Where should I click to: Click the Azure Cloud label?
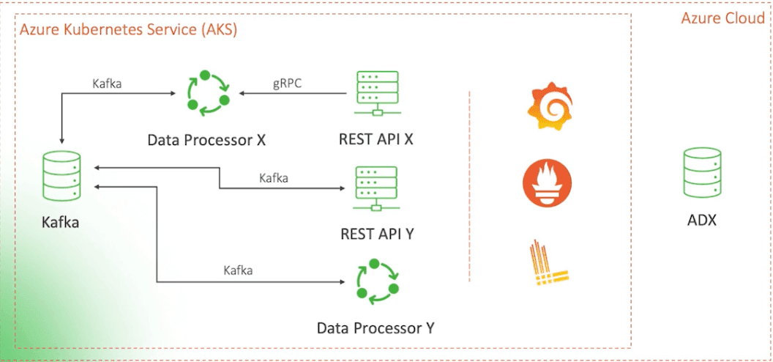click(x=722, y=18)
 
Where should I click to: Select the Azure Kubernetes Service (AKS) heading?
click(x=128, y=31)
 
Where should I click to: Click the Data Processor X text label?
click(x=206, y=139)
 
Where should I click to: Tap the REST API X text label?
click(x=376, y=139)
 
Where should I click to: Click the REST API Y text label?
click(x=376, y=234)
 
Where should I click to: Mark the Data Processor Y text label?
click(x=376, y=328)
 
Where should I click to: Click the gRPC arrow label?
click(x=288, y=84)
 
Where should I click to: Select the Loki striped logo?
click(x=548, y=264)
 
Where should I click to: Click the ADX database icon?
click(x=701, y=173)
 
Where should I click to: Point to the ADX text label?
click(x=701, y=220)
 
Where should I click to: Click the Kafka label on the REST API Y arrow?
click(x=274, y=178)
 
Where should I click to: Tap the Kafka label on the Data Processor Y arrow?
click(x=238, y=270)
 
